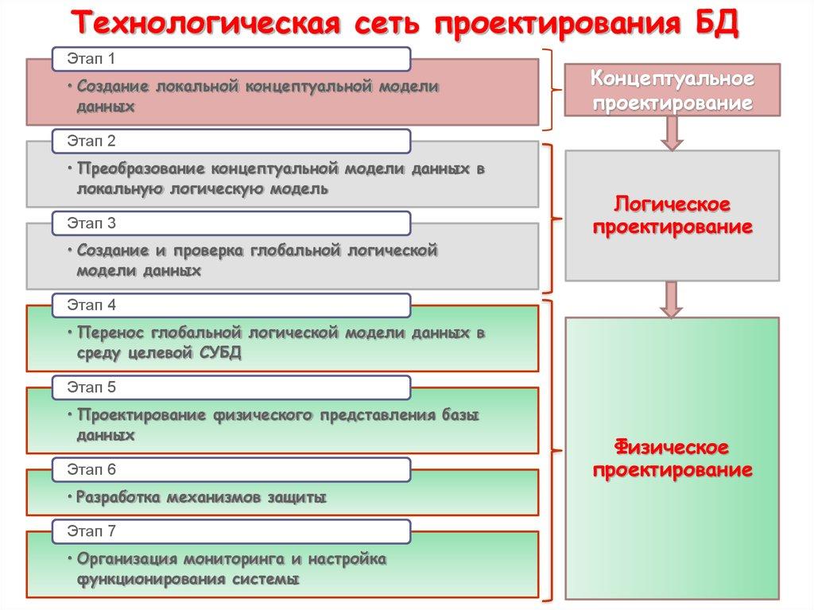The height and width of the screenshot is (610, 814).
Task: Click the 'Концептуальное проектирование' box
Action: pyautogui.click(x=672, y=91)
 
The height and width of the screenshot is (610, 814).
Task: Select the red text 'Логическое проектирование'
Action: pyautogui.click(x=672, y=216)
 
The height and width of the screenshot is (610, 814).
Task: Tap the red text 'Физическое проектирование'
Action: pyautogui.click(x=672, y=457)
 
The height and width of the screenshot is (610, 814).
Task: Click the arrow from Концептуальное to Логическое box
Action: pyautogui.click(x=672, y=133)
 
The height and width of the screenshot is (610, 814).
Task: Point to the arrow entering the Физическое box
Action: pyautogui.click(x=672, y=300)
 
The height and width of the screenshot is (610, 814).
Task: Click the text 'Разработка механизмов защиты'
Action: pyautogui.click(x=202, y=498)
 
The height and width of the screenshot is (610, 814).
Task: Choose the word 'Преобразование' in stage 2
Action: pyautogui.click(x=137, y=169)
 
